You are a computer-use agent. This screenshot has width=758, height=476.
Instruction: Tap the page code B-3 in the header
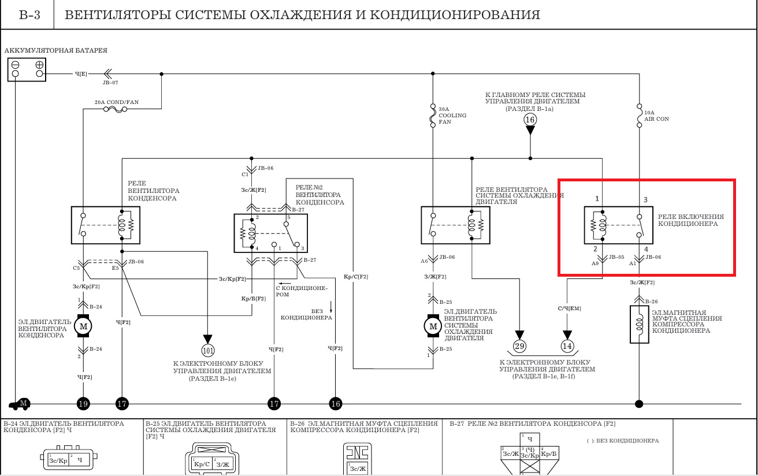[x=29, y=15]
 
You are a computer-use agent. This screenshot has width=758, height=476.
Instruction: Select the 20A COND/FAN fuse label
[x=117, y=102]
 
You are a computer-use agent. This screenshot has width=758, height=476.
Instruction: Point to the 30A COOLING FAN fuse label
[x=452, y=116]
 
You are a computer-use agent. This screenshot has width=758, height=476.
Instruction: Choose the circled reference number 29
[x=519, y=346]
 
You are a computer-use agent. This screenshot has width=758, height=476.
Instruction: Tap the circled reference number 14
[x=567, y=346]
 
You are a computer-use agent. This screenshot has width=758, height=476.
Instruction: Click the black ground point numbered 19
[x=83, y=404]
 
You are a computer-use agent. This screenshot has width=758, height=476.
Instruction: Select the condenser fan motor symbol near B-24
[x=83, y=326]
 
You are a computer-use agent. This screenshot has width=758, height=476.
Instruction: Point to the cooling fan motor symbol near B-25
[x=433, y=326]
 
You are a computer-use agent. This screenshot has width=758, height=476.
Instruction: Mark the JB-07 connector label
[x=110, y=83]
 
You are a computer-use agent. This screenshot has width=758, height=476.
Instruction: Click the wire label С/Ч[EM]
[x=569, y=308]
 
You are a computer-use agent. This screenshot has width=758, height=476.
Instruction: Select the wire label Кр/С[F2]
[x=356, y=277]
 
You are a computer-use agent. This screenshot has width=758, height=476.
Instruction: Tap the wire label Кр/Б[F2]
[x=253, y=298]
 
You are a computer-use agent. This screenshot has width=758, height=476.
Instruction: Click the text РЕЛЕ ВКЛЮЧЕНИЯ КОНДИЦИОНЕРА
[x=690, y=220]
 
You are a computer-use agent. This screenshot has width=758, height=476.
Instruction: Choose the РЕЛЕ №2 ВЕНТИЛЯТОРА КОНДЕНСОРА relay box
[x=270, y=233]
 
